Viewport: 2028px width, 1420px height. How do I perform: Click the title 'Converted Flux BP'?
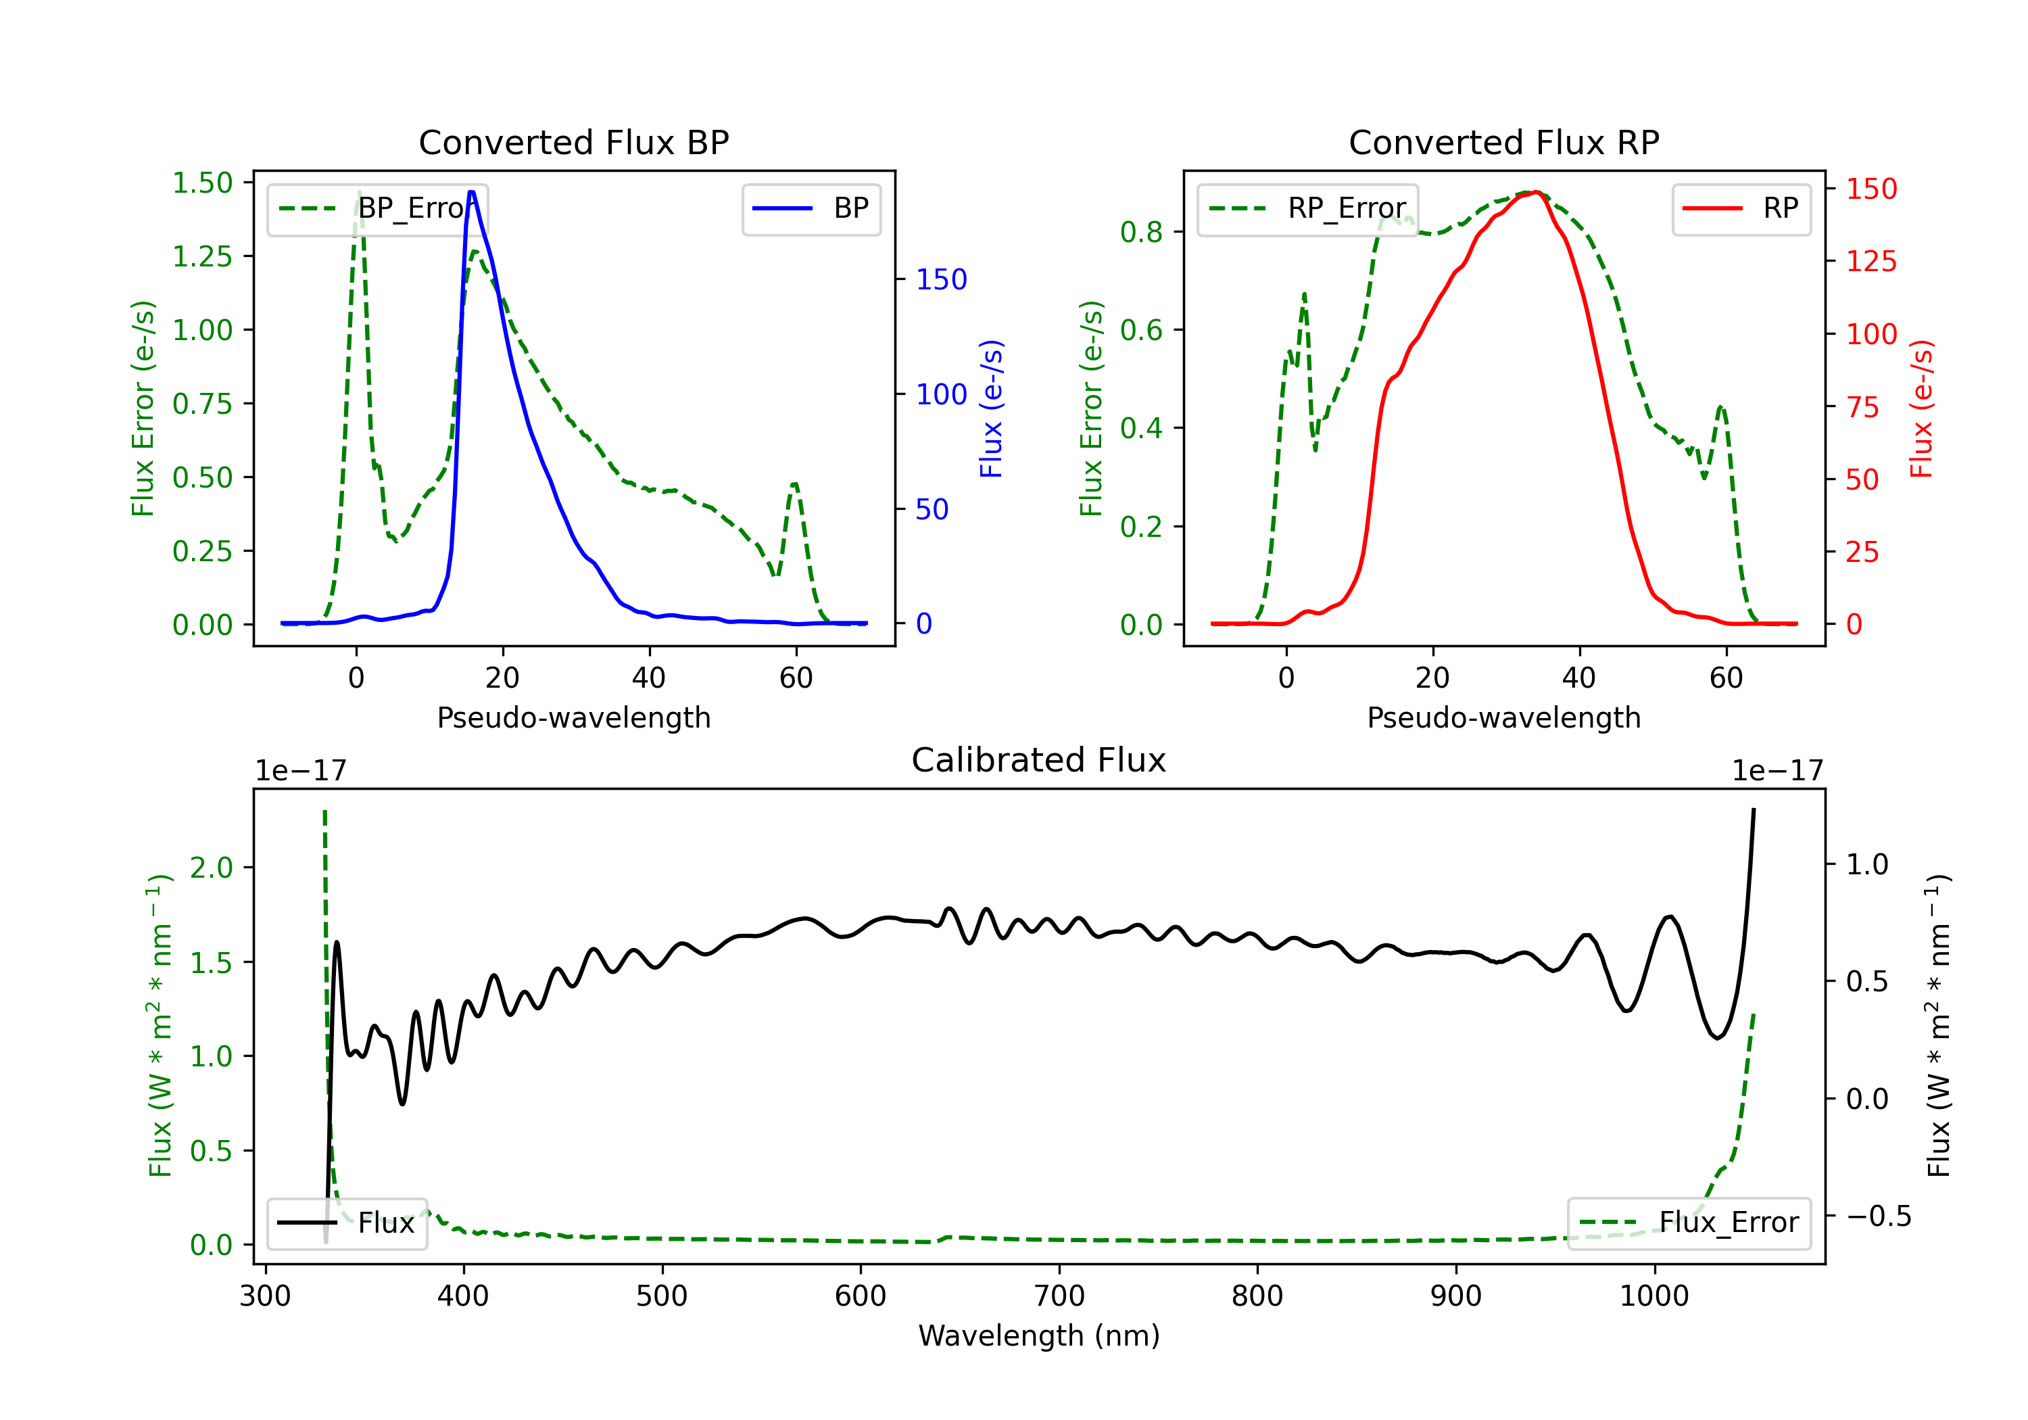(x=573, y=142)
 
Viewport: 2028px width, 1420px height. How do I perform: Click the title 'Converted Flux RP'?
(x=1503, y=142)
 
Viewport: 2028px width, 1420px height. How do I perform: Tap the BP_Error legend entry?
(x=377, y=208)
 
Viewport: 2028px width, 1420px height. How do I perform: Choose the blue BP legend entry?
(x=811, y=208)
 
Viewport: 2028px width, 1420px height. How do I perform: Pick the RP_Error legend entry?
(x=1307, y=208)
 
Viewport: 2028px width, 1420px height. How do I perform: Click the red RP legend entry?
(x=1740, y=208)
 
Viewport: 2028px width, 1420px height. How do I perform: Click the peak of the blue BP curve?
(x=472, y=192)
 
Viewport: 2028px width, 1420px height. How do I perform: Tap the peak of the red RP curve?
(x=1536, y=192)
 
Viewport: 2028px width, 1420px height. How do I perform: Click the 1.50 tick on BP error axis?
(x=202, y=183)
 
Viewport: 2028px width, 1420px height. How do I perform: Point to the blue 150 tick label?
(x=942, y=279)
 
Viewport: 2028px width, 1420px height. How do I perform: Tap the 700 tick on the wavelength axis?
(x=1059, y=1296)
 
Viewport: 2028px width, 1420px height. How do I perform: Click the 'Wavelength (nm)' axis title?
(x=1039, y=1336)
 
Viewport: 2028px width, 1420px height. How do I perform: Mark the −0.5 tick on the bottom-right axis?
(x=1879, y=1216)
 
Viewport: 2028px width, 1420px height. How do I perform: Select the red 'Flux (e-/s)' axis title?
(x=1921, y=409)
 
